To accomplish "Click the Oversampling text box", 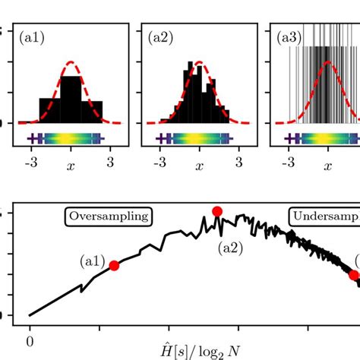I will click(108, 216).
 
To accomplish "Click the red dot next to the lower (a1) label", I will click(114, 265).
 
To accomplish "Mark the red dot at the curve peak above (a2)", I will click(217, 211).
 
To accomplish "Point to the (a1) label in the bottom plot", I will click(92, 261).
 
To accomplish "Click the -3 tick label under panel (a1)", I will click(31, 162).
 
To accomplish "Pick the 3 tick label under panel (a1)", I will click(110, 162).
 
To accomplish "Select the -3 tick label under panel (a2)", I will click(159, 162).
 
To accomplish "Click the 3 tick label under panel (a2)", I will click(239, 162).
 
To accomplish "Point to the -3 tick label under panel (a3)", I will click(288, 162).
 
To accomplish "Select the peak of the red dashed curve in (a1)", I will click(71, 62).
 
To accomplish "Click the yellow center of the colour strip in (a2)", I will click(200, 138).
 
